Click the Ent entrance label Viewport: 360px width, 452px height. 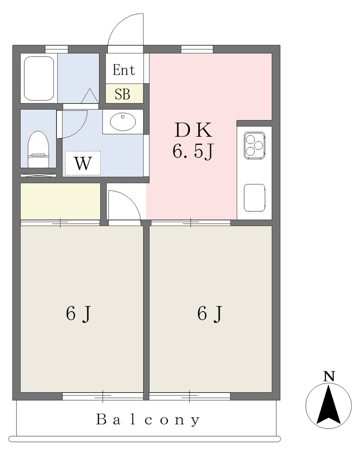click(124, 70)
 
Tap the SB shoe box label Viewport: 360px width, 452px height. click(122, 94)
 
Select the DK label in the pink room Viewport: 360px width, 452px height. click(193, 130)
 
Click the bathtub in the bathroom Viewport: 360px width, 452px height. click(39, 79)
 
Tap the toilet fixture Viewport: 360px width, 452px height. click(38, 149)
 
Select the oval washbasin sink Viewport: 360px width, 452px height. click(123, 122)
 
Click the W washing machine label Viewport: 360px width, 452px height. click(83, 163)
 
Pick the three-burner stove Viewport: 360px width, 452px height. click(254, 146)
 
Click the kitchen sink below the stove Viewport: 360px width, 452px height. click(254, 198)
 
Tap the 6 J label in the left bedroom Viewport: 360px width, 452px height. click(79, 313)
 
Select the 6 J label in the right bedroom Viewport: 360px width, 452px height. click(210, 313)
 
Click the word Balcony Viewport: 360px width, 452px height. click(148, 420)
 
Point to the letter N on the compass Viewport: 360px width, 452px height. click(329, 376)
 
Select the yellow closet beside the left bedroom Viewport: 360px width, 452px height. click(60, 201)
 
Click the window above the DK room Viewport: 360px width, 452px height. click(197, 49)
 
